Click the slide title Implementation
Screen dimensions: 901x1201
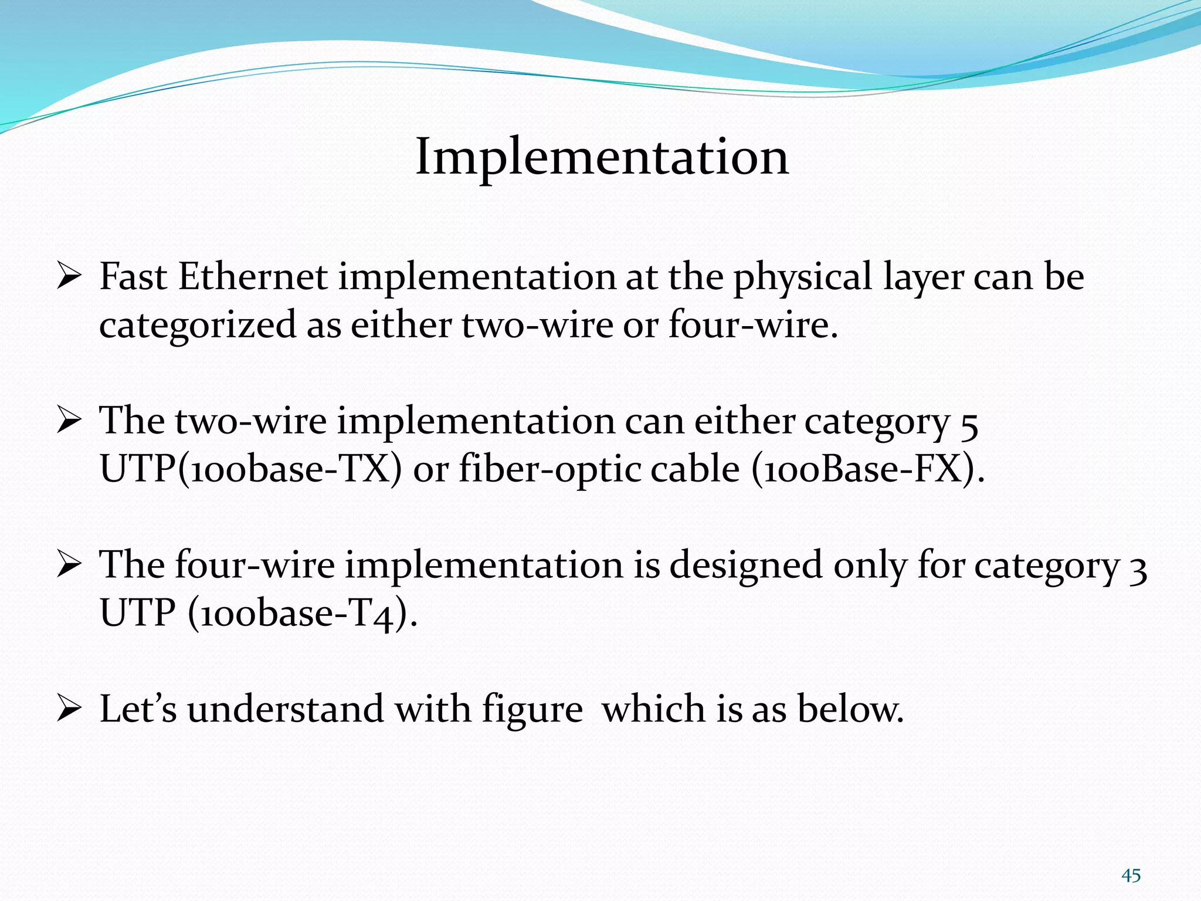(602, 157)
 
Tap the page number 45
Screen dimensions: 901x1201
(1131, 876)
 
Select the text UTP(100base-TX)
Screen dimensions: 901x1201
(251, 469)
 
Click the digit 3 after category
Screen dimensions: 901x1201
(1138, 567)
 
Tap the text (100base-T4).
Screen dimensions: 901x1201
(303, 614)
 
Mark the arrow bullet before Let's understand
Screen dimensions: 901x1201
(69, 710)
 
